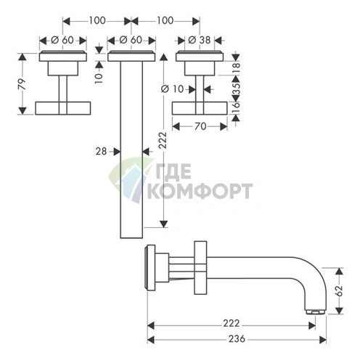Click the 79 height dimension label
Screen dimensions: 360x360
click(22, 84)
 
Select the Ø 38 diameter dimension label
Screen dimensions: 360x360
click(199, 40)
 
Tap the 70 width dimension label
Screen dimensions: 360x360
click(200, 126)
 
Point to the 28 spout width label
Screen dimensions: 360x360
click(101, 152)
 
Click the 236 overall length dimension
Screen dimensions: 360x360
click(237, 339)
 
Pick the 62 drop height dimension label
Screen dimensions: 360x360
click(340, 290)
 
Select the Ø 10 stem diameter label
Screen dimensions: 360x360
click(173, 89)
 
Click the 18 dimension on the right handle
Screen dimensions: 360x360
click(237, 65)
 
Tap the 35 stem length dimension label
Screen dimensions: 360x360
click(237, 89)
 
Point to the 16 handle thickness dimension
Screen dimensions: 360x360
click(237, 107)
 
